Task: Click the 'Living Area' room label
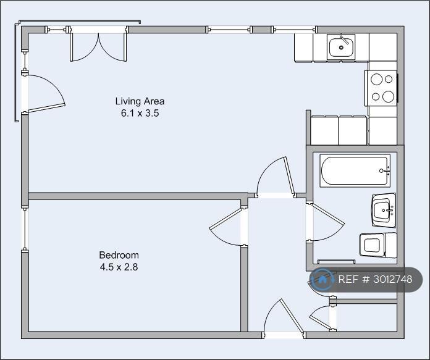coord(140,101)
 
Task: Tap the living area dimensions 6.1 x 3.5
coord(140,113)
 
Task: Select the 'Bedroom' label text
coord(119,255)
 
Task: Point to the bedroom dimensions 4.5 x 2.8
coord(119,267)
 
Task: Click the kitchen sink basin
coord(341,48)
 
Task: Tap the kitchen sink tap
coord(344,40)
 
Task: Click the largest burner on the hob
coord(388,96)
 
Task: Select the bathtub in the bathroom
coord(355,171)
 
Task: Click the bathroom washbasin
coord(384,211)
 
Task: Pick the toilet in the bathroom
coord(378,245)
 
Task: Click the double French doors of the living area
coord(98,46)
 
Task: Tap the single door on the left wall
coord(45,93)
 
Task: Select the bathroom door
coord(326,222)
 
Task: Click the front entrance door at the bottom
coord(284,316)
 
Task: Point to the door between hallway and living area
coord(275,175)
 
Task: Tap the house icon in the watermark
coord(322,279)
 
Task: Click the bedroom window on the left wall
coord(25,228)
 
